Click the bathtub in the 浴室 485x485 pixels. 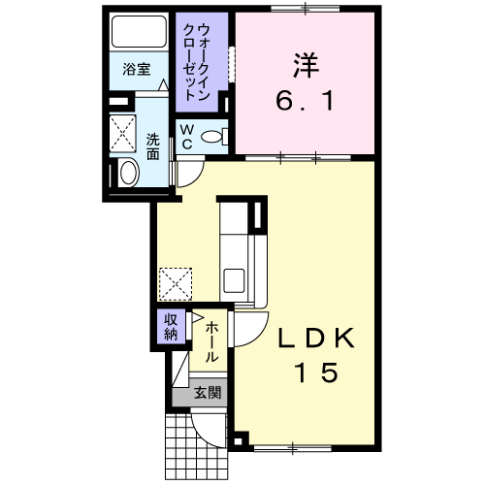[x=139, y=31]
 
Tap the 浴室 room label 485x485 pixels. [x=137, y=69]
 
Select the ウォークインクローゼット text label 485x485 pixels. [x=196, y=62]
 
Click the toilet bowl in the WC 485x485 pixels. [x=211, y=136]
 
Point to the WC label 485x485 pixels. [x=187, y=137]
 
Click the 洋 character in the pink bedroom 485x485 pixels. [x=306, y=65]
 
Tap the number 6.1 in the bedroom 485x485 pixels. [x=305, y=100]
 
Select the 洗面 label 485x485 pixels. [x=153, y=146]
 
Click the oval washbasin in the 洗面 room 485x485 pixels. [x=129, y=173]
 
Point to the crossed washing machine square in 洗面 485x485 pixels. [x=122, y=133]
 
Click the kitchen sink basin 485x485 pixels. [x=234, y=280]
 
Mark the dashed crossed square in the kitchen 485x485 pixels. [x=176, y=284]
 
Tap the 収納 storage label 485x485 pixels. [x=171, y=327]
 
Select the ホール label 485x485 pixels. [x=211, y=341]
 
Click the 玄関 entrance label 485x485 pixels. [x=208, y=393]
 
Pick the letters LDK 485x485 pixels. [x=316, y=339]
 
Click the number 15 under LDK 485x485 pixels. [x=316, y=372]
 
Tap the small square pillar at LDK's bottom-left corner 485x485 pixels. [x=239, y=441]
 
